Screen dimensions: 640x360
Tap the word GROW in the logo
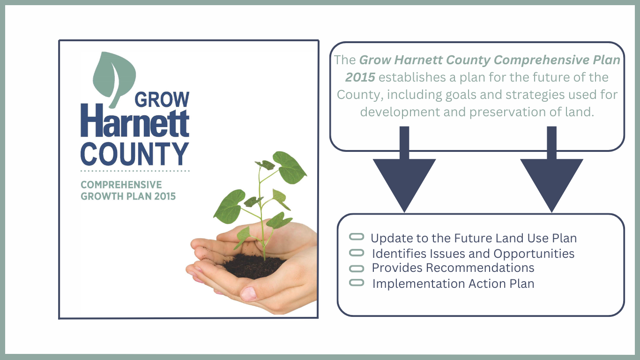pos(162,100)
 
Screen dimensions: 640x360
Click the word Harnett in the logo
pos(135,120)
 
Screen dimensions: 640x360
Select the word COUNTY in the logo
pos(135,154)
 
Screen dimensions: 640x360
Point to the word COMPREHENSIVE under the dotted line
pos(121,185)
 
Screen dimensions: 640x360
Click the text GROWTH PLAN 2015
pos(128,196)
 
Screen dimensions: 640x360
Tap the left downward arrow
pos(404,169)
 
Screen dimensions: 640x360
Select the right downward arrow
pos(552,169)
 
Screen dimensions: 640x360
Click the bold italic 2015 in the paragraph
pos(360,77)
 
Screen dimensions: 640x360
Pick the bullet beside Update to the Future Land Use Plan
pos(357,237)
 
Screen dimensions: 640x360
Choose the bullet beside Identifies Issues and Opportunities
pos(357,253)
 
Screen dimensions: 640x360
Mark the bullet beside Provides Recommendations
pos(357,269)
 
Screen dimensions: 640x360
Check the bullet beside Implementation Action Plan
pos(357,283)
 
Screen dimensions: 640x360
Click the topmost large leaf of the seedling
pos(289,167)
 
